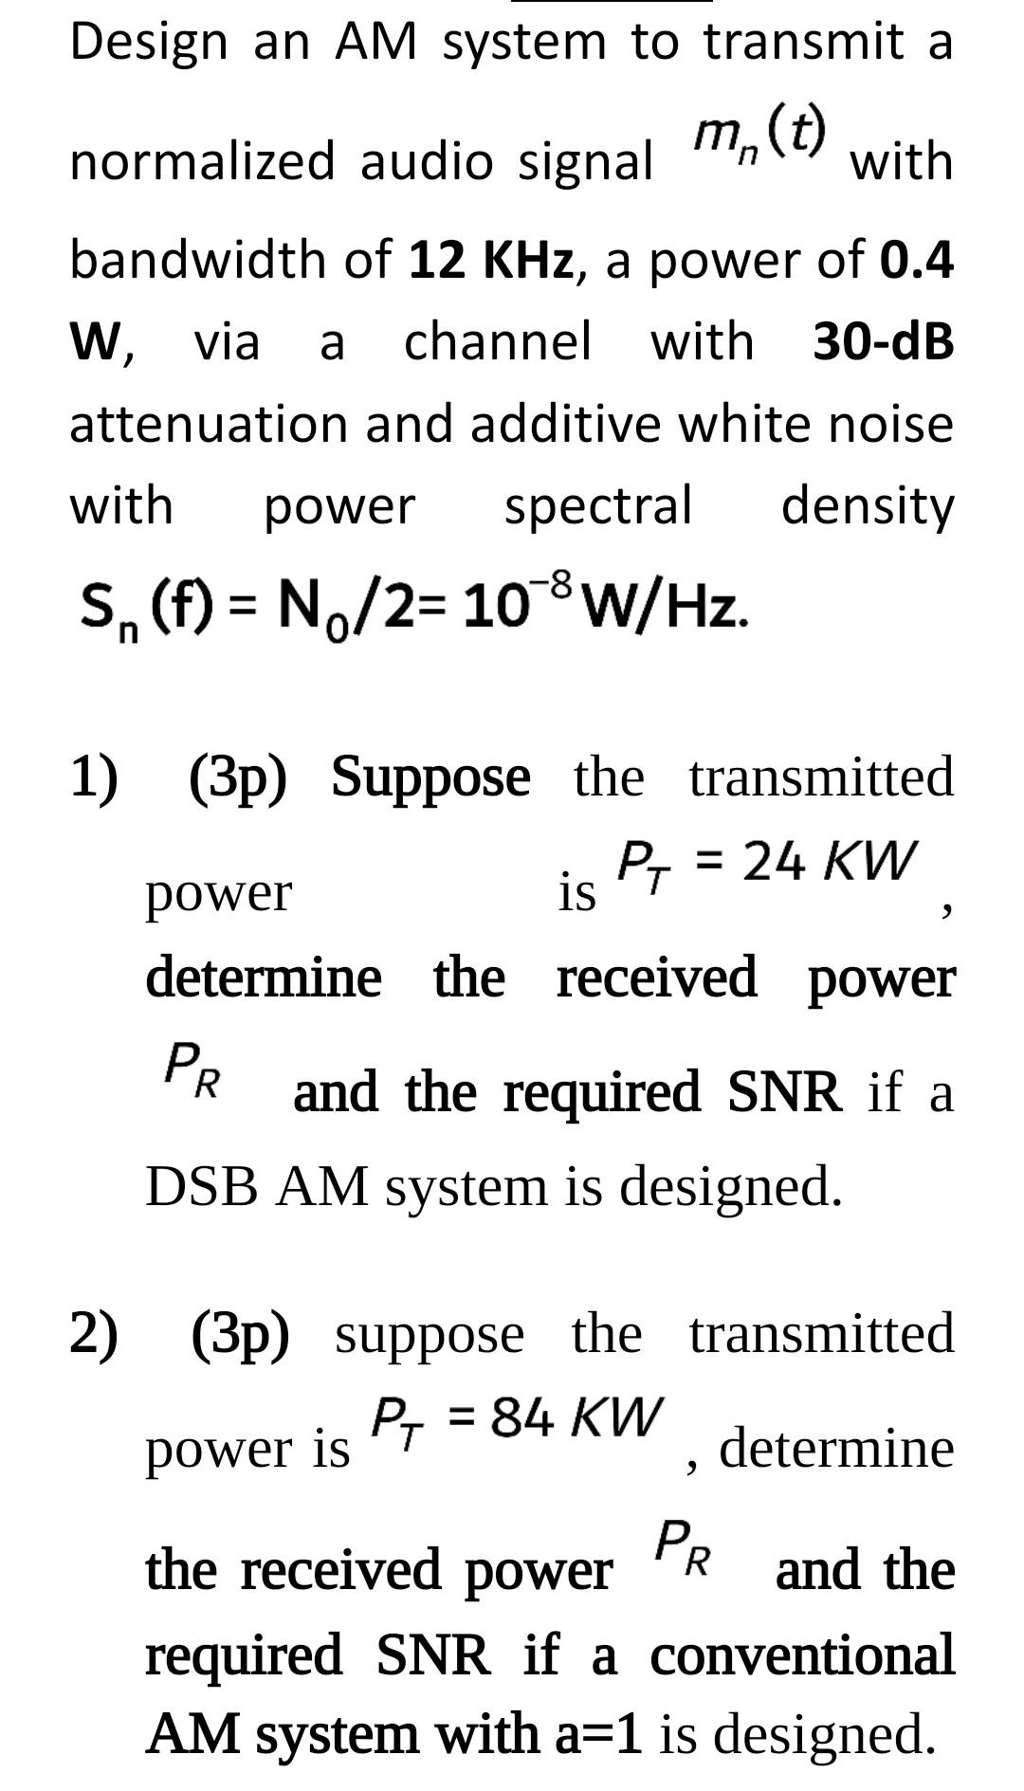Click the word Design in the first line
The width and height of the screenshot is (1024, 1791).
(149, 43)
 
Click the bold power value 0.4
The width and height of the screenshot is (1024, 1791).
(916, 260)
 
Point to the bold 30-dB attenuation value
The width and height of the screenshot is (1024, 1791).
(883, 341)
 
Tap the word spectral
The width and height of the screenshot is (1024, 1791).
(597, 504)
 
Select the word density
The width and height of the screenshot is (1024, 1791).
(867, 506)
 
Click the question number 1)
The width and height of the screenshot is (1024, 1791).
(94, 777)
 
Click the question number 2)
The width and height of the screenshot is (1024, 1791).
(94, 1334)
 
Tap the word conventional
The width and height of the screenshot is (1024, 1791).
(801, 1654)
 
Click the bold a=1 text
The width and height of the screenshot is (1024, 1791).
(597, 1733)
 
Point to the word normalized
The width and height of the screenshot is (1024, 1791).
(202, 161)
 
